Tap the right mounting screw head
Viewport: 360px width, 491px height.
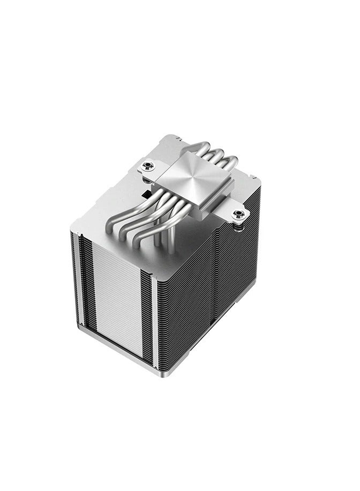coord(239,214)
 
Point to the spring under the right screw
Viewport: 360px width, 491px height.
coord(239,223)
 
